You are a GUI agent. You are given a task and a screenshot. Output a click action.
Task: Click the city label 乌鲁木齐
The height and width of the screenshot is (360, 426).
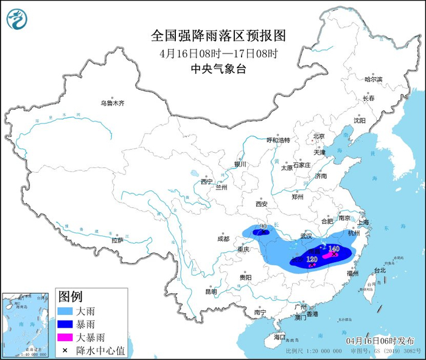pos(112,103)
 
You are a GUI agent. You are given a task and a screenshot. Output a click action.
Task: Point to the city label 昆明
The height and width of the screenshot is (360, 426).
pos(211,291)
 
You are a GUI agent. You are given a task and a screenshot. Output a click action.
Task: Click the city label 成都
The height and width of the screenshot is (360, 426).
pos(223,238)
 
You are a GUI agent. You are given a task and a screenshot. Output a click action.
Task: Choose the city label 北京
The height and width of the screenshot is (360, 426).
pos(318,136)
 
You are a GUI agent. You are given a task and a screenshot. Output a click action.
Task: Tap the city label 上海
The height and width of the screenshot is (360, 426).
pos(365,223)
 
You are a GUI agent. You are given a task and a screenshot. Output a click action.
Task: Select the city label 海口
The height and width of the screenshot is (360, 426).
pos(279,336)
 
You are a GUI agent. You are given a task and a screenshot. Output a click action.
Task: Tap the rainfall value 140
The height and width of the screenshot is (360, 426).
pos(333,249)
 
